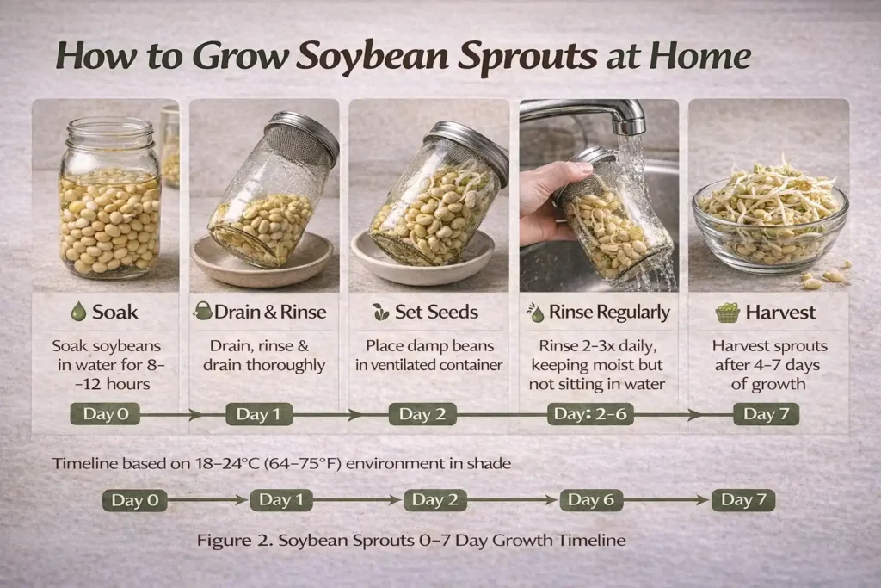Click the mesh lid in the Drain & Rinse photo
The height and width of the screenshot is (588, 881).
[302, 137]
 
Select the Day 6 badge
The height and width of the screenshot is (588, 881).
[591, 499]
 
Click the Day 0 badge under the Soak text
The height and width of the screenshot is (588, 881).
[105, 414]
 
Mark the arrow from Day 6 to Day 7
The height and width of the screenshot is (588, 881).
[666, 499]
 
